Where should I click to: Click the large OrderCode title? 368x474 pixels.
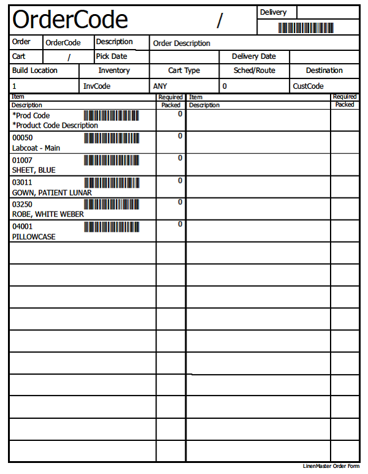point(70,20)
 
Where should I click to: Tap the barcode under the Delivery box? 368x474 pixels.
point(308,28)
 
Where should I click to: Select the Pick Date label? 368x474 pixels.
point(112,56)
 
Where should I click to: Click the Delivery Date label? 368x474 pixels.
point(254,56)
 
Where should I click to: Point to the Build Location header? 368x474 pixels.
point(35,71)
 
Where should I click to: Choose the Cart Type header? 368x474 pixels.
point(184,71)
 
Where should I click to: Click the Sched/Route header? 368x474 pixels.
point(254,71)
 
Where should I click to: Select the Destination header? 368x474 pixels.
point(324,71)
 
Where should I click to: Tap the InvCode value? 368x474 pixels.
point(97,86)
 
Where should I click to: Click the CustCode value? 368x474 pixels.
point(308,86)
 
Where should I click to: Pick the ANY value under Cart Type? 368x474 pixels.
point(160,86)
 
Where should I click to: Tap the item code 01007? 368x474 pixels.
point(23,161)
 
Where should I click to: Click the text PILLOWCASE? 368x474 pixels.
point(34,237)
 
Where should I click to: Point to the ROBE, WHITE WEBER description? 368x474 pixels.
point(48,215)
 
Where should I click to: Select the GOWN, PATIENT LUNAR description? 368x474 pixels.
point(52,193)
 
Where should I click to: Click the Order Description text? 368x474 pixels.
point(182,44)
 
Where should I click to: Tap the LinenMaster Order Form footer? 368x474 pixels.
point(331,467)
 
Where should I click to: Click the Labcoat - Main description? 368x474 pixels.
point(36,148)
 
